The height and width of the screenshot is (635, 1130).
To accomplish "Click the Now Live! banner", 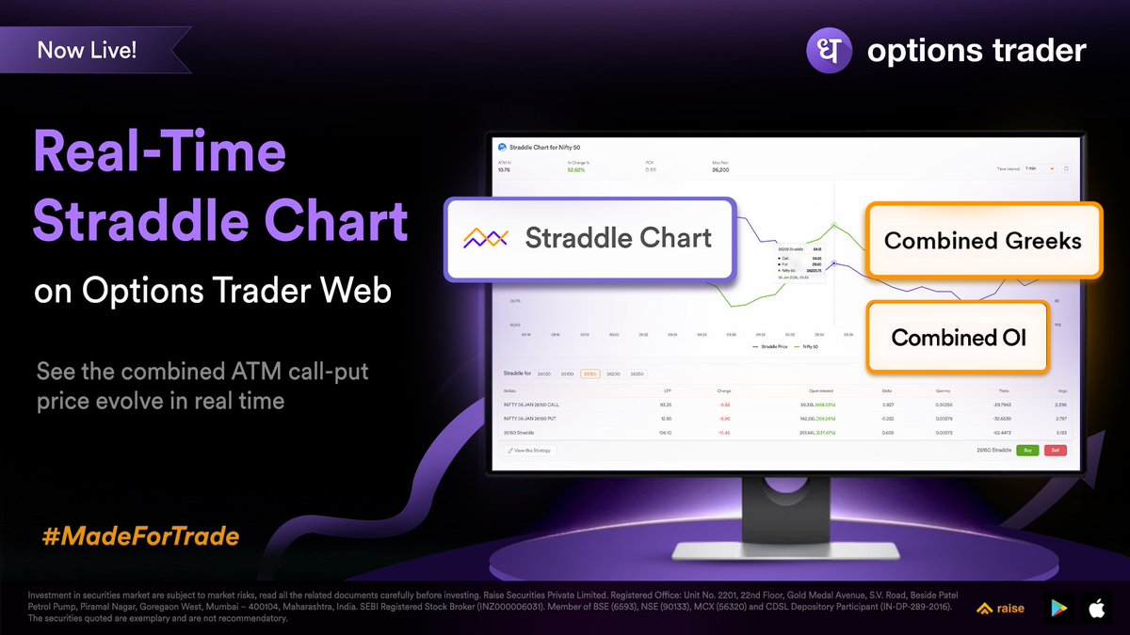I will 88,50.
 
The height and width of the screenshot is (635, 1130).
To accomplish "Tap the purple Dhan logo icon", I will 830,50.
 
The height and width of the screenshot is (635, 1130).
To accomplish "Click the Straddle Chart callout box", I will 589,238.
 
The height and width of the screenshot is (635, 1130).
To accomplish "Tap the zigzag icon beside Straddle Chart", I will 486,238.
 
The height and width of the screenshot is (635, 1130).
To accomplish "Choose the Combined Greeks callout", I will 982,240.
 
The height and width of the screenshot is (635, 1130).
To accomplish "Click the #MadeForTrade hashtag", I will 140,537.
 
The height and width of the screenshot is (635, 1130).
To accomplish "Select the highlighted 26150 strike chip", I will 589,373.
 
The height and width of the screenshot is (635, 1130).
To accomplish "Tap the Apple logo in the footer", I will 1096,610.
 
